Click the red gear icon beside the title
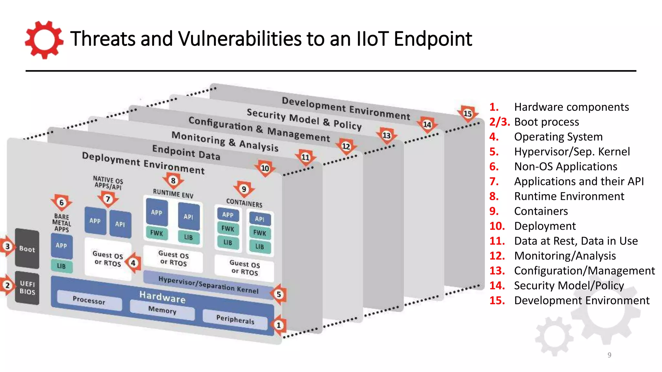[44, 40]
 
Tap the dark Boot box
[27, 249]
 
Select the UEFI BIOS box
[27, 287]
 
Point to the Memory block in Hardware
[162, 310]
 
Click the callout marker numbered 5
[279, 294]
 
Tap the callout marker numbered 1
[279, 325]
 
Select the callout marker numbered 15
[468, 113]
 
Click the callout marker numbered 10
[265, 168]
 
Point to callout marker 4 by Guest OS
[133, 263]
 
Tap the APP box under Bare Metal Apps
[61, 246]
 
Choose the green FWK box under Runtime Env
[157, 233]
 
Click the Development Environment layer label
[346, 108]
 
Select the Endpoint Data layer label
[186, 152]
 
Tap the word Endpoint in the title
[433, 39]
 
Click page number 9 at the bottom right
[609, 355]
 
